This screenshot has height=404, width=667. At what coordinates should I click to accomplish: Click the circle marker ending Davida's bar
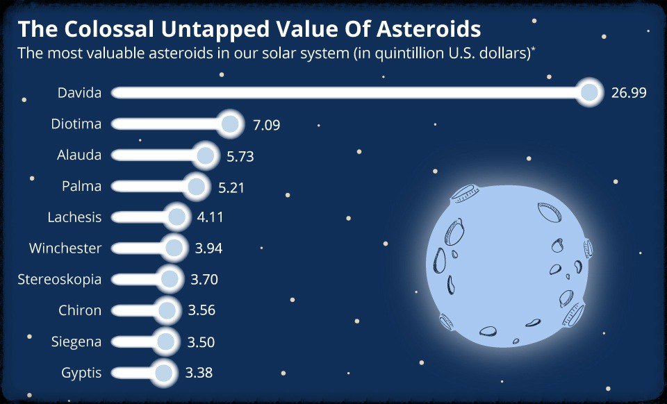click(589, 92)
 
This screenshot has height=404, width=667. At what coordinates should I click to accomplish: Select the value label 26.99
click(629, 92)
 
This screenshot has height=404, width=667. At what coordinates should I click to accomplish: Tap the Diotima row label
click(76, 124)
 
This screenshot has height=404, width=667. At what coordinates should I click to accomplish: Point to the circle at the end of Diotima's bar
click(230, 124)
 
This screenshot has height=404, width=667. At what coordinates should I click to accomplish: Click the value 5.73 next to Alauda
click(240, 157)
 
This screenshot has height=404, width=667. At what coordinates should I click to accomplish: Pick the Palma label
click(82, 186)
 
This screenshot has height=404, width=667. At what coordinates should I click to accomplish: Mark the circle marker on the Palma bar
click(196, 186)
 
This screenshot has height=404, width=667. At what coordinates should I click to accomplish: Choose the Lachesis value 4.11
click(210, 217)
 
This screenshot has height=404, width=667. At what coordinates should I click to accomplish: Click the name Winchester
click(65, 248)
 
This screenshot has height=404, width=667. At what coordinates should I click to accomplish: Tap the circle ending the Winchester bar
click(174, 248)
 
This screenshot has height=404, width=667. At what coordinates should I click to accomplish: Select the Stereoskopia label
click(60, 280)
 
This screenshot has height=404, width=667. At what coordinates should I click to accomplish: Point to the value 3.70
click(204, 280)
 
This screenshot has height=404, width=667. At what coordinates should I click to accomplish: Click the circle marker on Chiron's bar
click(166, 310)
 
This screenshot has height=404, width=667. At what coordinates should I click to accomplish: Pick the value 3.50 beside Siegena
click(201, 342)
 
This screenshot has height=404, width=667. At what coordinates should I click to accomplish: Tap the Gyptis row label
click(82, 373)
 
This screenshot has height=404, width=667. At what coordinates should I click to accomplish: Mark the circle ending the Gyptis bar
click(164, 373)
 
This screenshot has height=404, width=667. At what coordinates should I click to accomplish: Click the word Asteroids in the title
click(429, 29)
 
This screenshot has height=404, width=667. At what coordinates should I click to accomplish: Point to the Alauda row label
click(79, 155)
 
